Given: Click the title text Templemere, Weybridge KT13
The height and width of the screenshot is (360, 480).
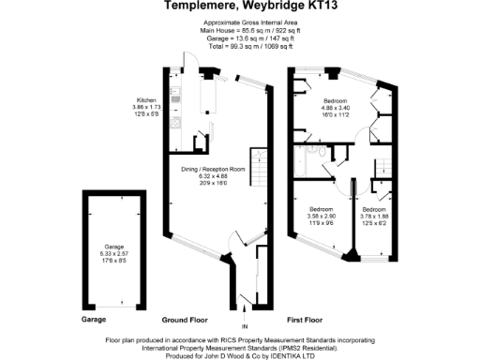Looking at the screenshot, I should pyautogui.click(x=239, y=7).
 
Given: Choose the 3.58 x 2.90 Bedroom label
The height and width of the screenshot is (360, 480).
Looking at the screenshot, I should pyautogui.click(x=322, y=218).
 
